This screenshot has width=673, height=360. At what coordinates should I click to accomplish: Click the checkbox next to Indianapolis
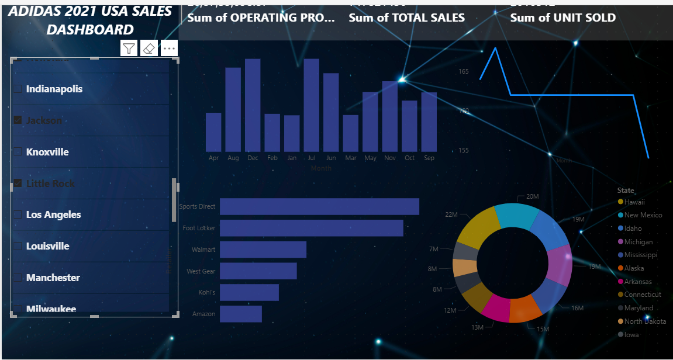[x=18, y=89]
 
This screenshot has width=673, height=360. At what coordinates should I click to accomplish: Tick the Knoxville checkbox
[x=18, y=152]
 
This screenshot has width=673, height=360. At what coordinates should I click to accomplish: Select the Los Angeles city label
[x=53, y=214]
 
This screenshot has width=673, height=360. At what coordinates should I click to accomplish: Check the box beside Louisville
[x=18, y=246]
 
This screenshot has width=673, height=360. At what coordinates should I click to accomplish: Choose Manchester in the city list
[x=53, y=278]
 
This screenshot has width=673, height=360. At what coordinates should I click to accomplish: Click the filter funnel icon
[x=129, y=48]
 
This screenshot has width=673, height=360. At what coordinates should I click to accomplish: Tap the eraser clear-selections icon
[x=149, y=48]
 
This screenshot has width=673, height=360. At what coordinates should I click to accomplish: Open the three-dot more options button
[x=169, y=48]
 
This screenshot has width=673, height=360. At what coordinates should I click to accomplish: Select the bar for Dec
[x=253, y=105]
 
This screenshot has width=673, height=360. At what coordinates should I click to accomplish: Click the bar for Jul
[x=311, y=105]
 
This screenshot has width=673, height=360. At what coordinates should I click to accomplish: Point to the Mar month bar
[x=350, y=133]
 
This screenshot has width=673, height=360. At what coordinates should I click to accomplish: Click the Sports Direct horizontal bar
[x=319, y=206]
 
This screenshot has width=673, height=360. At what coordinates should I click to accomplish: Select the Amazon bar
[x=240, y=314]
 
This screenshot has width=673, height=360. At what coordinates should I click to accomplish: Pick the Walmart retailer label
[x=203, y=250]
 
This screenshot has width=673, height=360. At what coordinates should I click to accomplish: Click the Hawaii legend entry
[x=634, y=202]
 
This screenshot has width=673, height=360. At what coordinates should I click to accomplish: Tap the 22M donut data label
[x=451, y=214]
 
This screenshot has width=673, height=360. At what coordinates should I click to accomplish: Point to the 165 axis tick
[x=463, y=71]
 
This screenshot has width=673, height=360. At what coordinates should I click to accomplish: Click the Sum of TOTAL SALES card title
[x=406, y=18]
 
